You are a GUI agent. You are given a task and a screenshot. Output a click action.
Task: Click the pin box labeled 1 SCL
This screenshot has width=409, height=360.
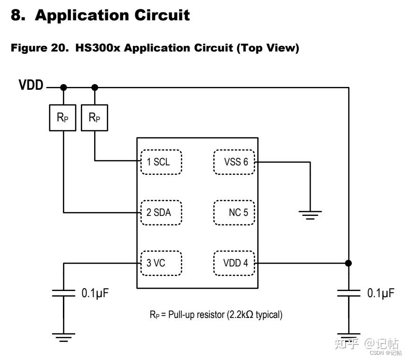tap(161, 162)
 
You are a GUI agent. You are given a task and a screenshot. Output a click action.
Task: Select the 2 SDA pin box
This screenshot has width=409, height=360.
tap(161, 213)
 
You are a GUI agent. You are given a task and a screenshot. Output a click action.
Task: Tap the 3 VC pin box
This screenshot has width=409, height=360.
tap(161, 263)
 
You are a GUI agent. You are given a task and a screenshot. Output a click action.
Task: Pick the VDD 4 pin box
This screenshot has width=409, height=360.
tap(234, 263)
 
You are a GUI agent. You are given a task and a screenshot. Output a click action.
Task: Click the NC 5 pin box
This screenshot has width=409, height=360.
tap(234, 213)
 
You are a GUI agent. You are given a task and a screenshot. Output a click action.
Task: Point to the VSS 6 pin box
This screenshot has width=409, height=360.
tap(234, 162)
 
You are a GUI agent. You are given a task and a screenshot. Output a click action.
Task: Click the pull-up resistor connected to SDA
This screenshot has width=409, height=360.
tap(62, 118)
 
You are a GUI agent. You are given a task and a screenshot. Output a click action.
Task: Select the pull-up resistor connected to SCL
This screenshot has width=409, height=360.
tap(95, 118)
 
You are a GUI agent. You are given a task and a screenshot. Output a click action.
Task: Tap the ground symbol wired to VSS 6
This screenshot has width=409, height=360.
tap(310, 215)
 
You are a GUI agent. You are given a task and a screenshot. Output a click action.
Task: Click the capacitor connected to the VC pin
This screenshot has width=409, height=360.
tap(63, 293)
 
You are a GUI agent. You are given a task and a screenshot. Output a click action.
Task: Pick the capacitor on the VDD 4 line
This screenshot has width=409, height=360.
tap(348, 293)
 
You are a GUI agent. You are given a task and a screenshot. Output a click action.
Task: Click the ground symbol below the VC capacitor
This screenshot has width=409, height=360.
tap(63, 337)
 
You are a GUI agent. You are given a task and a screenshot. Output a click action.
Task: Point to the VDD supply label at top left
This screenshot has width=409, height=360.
tap(31, 85)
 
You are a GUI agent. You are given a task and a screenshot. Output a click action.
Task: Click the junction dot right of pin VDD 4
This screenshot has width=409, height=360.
tap(348, 263)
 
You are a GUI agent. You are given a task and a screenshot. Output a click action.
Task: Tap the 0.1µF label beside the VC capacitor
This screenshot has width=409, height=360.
tap(95, 293)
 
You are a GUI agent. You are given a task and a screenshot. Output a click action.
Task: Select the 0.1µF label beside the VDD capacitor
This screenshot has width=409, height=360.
tap(381, 293)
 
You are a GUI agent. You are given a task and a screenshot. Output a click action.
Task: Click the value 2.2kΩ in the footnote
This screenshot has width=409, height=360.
tap(241, 315)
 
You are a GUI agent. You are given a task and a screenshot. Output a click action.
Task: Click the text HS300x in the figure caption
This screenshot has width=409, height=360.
tap(98, 48)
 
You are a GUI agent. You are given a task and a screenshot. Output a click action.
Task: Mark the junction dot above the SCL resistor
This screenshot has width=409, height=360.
tap(95, 87)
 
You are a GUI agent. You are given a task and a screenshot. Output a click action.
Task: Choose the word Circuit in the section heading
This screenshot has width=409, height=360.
tap(162, 15)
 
